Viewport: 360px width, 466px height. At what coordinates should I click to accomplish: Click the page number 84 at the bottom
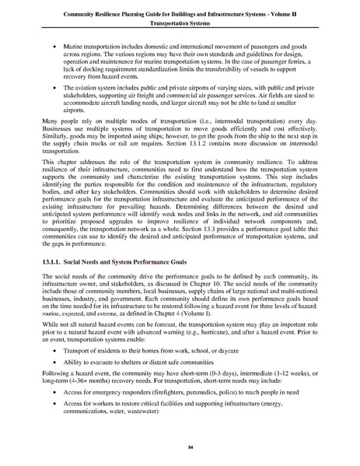coord(180,449)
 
